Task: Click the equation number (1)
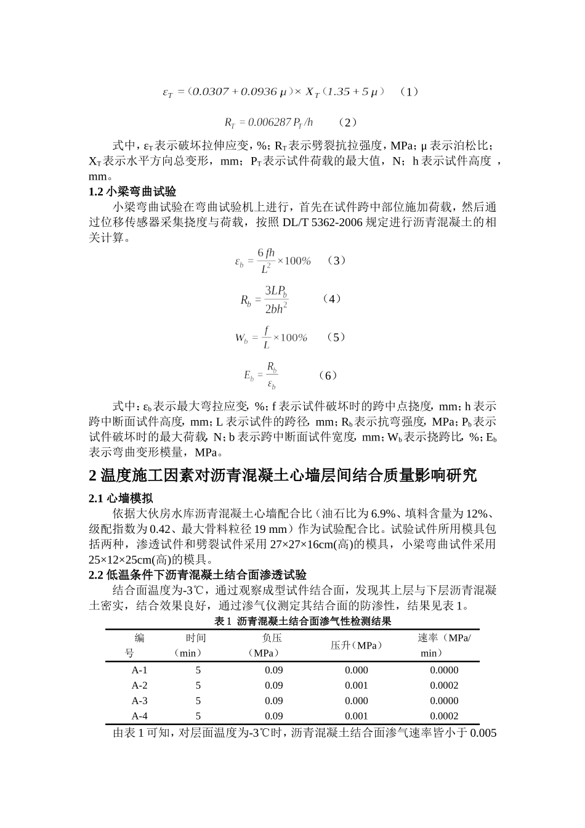click(409, 92)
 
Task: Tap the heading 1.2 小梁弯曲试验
click(132, 192)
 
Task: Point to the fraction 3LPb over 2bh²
click(276, 299)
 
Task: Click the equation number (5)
click(336, 337)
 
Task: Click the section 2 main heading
click(283, 475)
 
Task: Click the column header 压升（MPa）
click(356, 645)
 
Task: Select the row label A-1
click(139, 670)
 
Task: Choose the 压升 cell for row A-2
click(356, 685)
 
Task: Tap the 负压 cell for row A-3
click(273, 700)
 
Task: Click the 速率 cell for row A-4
click(444, 716)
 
